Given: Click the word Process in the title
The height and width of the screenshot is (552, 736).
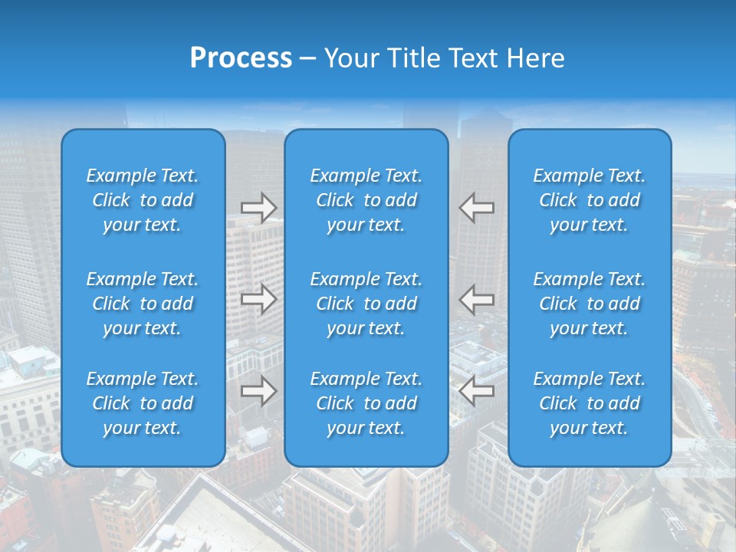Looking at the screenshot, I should tap(241, 58).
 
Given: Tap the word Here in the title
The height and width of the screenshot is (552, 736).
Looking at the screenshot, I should tap(535, 58).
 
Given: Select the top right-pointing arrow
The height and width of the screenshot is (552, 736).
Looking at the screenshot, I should tap(258, 208).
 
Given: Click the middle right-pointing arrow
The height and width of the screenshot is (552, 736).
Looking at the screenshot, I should tap(258, 299).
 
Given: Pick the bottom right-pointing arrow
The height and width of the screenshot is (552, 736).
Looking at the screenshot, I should tap(258, 391).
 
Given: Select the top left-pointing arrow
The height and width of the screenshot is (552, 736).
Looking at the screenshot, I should tap(476, 208).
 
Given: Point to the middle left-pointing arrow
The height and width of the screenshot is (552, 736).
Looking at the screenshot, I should tap(476, 299).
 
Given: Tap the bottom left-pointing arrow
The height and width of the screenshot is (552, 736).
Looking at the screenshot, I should tap(476, 391).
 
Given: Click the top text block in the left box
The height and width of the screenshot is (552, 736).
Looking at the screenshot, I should tap(143, 200).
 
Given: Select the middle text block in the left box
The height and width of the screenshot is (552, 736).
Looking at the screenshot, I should tap(143, 304).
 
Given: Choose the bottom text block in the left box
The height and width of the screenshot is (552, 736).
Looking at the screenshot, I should tap(143, 403).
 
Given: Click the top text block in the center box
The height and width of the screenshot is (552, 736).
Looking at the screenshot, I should tap(366, 200).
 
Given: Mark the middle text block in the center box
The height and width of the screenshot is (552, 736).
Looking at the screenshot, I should tap(366, 304).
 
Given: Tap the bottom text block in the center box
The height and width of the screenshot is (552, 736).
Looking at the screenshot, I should tap(366, 403).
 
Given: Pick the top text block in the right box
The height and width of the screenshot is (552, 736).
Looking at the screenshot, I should tap(589, 200).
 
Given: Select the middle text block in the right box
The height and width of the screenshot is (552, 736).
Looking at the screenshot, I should tap(589, 304).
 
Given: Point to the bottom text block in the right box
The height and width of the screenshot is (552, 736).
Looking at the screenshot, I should tap(589, 403).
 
